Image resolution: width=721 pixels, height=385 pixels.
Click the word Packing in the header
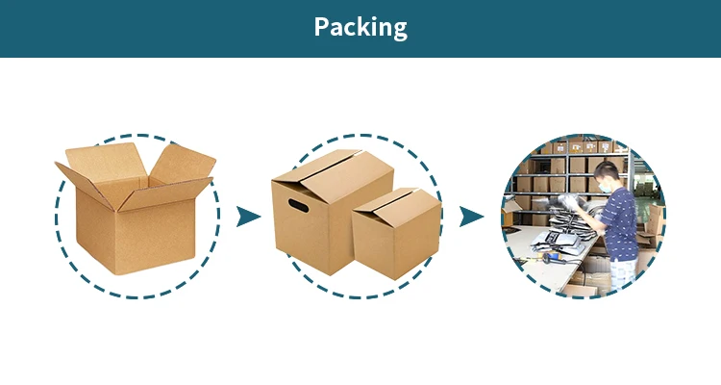pos(360,27)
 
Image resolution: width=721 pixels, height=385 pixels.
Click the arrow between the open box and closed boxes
pos(249,216)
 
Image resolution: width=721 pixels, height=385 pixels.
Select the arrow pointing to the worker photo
pos(470,216)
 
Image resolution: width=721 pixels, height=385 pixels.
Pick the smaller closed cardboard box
pos(395,234)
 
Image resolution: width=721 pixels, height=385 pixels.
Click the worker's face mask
pos(599,183)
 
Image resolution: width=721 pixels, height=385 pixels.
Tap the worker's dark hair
pos(607,170)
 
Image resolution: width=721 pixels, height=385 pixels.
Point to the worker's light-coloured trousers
pos(624,272)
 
